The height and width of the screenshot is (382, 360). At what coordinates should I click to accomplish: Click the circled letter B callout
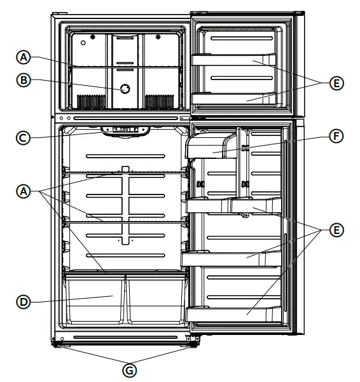pos(24,81)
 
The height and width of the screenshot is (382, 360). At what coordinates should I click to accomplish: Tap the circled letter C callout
pos(24,136)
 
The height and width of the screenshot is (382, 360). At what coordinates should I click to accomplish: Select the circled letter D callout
pos(24,302)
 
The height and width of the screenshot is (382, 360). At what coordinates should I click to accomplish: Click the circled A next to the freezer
pos(24,57)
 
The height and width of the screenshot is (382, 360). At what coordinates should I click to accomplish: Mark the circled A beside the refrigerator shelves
pos(24,189)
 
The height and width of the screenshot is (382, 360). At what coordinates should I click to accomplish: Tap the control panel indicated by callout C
pos(125,130)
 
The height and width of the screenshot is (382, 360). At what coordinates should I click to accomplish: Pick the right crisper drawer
pos(156,299)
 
